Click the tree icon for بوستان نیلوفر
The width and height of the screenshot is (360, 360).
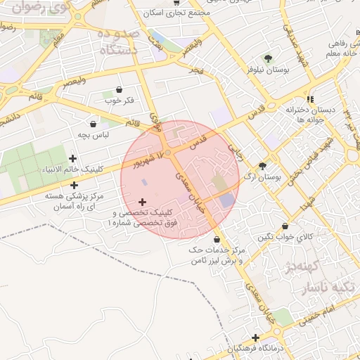267,58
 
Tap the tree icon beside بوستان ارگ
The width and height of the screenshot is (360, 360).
262,167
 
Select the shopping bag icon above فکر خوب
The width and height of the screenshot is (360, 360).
118,89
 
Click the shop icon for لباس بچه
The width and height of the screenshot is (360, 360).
94,123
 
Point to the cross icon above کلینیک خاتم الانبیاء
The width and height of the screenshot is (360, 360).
73,158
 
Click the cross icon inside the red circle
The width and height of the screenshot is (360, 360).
142,202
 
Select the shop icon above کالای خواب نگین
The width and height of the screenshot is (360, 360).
285,226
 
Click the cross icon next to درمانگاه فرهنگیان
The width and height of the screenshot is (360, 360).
255,338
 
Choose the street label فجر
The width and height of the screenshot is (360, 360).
197,70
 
